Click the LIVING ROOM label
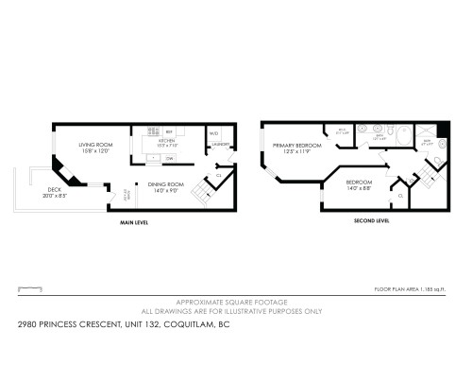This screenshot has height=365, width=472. tap(94, 145)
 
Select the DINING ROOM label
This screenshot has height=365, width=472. tap(151, 185)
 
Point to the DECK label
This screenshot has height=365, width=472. tap(54, 189)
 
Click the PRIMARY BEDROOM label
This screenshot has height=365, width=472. tap(295, 146)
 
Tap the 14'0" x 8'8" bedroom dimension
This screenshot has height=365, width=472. tap(359, 186)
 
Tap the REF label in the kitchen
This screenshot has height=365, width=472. tap(169, 131)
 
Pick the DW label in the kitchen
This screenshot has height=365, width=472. tap(168, 158)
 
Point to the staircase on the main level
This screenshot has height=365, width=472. tap(201, 196)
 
